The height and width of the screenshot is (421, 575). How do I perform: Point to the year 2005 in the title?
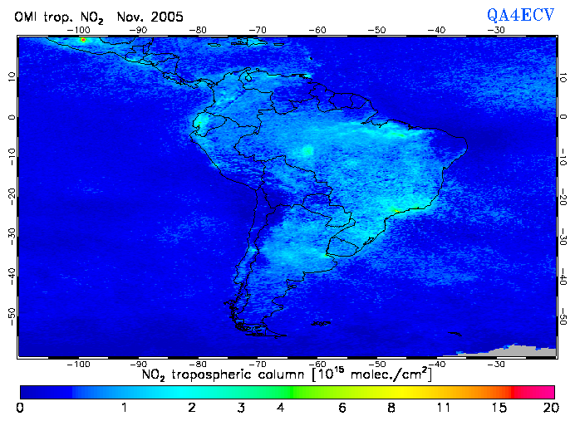[164, 17]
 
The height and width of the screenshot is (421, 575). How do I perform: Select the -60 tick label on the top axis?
[317, 29]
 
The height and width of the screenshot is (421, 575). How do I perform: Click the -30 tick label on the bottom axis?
[495, 364]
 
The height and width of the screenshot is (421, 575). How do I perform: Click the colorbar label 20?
[548, 409]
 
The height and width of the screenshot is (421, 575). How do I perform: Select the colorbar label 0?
[20, 409]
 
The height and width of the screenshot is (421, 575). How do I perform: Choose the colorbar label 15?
[497, 409]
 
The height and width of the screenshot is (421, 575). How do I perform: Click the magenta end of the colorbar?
[545, 390]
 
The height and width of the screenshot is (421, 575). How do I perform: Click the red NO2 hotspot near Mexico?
[83, 39]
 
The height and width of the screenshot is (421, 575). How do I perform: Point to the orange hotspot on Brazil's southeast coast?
[398, 211]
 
